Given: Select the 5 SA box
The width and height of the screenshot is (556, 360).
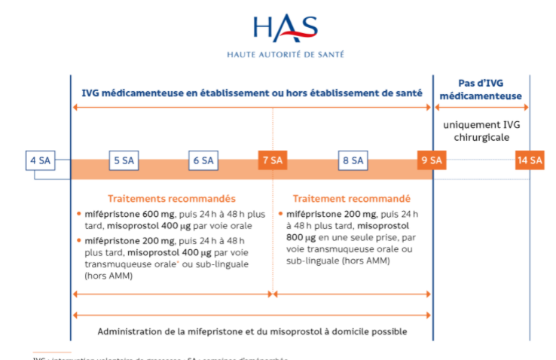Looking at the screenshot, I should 124,160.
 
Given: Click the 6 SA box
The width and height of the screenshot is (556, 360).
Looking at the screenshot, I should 203,160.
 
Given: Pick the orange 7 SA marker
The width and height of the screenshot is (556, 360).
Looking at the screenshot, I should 272,160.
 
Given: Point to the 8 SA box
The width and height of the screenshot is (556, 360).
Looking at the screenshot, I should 351,160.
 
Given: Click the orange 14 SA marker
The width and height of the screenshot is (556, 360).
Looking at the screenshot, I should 530,160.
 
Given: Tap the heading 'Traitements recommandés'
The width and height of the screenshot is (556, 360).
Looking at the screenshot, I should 172,199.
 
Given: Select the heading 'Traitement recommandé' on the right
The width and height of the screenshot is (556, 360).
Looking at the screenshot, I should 351,199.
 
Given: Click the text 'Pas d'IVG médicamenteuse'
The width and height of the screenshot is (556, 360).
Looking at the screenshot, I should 481,89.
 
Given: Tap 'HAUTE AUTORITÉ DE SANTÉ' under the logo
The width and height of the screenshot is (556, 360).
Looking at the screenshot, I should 286,55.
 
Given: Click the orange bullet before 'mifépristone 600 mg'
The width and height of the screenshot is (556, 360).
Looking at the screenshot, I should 78,213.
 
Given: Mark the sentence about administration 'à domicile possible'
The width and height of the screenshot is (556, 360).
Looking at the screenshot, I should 252,331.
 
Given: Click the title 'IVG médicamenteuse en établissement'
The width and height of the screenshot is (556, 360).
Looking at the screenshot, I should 252,93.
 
